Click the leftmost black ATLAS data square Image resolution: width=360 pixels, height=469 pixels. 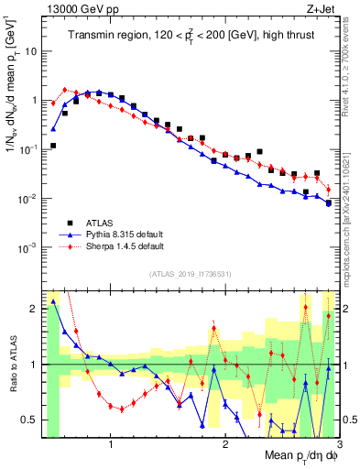tap(53, 146)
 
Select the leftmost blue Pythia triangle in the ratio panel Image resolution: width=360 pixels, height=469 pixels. tap(53, 301)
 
